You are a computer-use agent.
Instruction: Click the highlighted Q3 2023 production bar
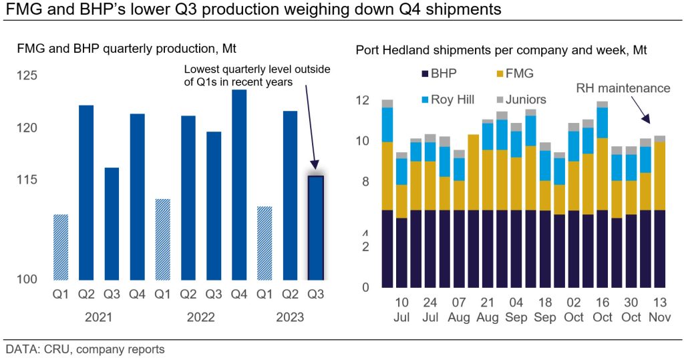pos(315,227)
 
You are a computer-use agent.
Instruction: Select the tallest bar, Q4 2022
pos(239,184)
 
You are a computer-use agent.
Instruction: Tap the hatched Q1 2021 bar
pos(61,246)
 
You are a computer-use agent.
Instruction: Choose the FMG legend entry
pos(514,73)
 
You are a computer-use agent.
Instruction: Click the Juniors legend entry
pos(520,100)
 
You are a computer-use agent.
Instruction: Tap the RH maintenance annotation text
pos(623,88)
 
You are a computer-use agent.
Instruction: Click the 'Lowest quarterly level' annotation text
pos(257,75)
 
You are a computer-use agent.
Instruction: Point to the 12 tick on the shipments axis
pos(362,101)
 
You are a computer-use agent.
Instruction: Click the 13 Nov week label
pos(660,310)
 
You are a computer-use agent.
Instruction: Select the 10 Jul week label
pos(401,310)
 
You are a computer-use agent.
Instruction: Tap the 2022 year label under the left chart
pos(201,317)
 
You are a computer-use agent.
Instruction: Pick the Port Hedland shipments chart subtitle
pos(501,49)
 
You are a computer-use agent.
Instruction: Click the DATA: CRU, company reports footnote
pos(85,349)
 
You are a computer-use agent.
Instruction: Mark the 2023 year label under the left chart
pos(290,317)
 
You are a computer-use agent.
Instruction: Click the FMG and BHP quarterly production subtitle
pos(127,48)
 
